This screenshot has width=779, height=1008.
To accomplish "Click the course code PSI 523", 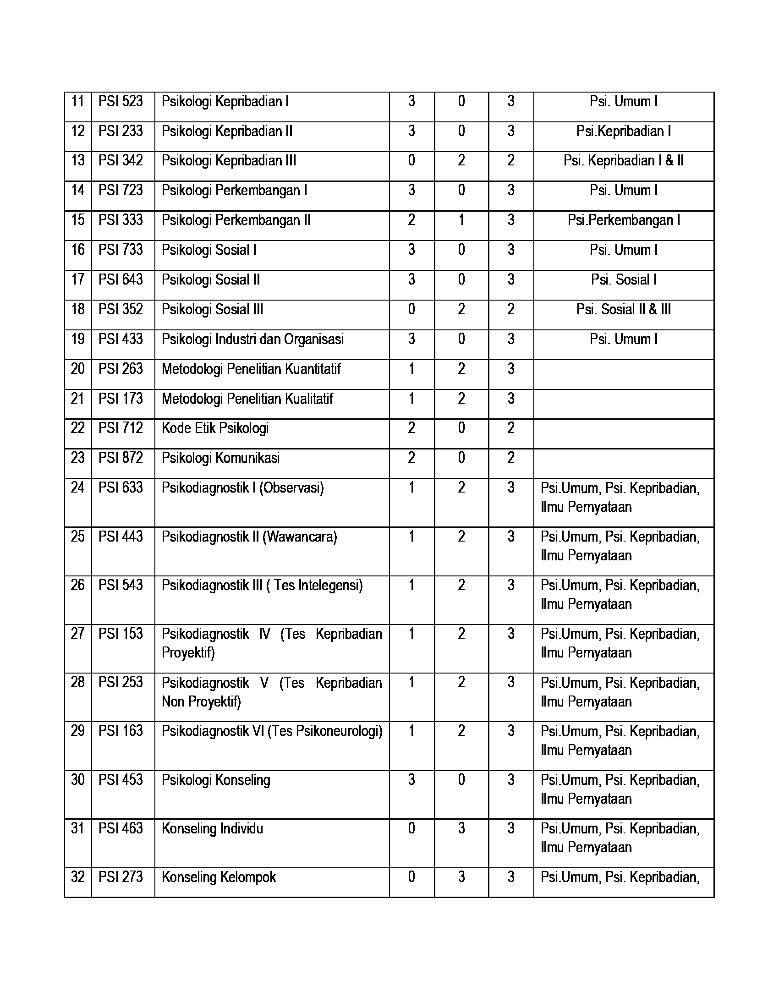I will tap(121, 102).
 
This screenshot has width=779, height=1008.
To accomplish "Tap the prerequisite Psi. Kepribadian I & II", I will tap(623, 161).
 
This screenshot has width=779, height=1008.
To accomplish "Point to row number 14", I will tap(77, 191).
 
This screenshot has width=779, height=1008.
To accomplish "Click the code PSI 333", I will tap(121, 220).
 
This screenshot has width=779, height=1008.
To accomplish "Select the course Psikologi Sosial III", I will tap(212, 310).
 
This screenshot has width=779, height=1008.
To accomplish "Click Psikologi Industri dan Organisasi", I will tap(252, 340).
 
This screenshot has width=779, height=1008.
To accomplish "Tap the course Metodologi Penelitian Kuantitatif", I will tap(251, 369).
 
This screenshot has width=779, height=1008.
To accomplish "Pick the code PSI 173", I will tap(121, 399).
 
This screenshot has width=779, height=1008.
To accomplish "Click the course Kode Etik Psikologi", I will tap(214, 428).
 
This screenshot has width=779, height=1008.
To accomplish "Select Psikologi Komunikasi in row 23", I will tap(220, 458).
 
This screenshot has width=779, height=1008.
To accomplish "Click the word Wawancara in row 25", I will tap(300, 537).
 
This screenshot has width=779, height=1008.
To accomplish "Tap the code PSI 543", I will tap(121, 585).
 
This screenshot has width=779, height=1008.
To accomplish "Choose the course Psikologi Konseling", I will tap(215, 780).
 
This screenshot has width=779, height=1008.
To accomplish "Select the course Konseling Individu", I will tap(212, 828).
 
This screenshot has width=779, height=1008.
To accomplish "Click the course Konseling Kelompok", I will tap(218, 877).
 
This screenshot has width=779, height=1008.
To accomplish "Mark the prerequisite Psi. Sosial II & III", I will tap(623, 310).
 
